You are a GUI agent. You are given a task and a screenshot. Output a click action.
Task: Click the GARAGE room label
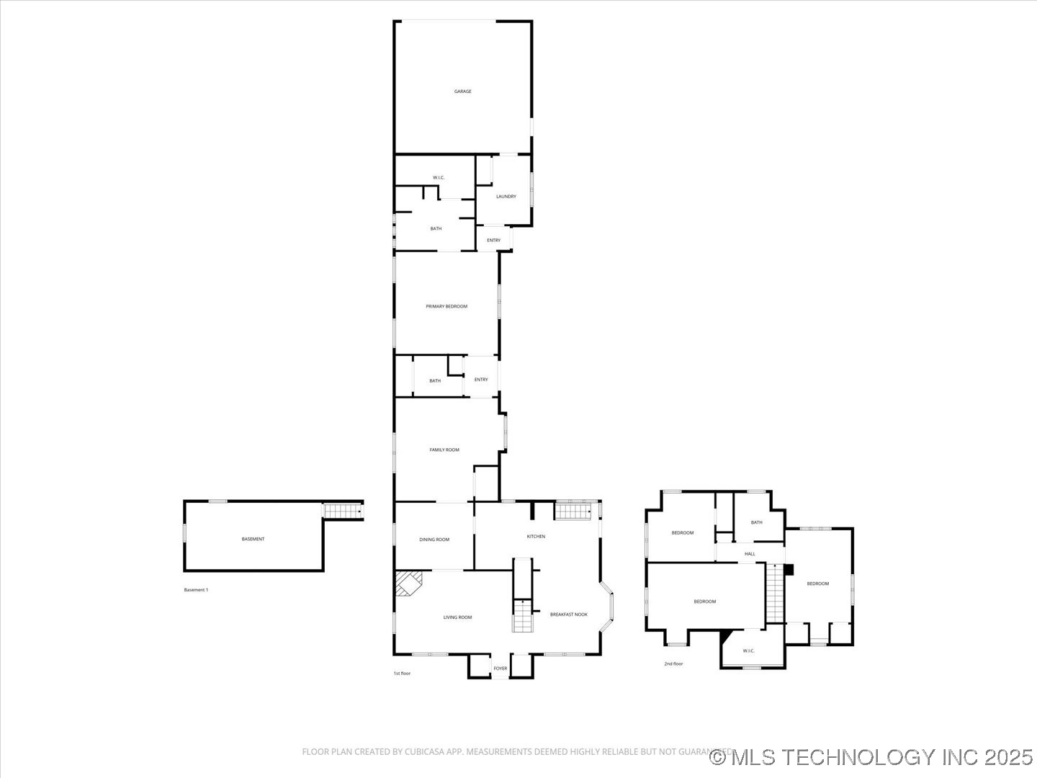(462, 91)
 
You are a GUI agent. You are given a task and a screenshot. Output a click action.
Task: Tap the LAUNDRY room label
(506, 196)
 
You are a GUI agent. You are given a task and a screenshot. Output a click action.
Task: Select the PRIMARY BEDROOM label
(446, 306)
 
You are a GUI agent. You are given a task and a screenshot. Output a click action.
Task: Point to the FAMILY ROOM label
(444, 450)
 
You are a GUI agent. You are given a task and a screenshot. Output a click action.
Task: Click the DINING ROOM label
(434, 540)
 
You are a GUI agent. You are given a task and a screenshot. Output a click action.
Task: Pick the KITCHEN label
(536, 536)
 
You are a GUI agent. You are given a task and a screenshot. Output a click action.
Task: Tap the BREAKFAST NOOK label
(568, 614)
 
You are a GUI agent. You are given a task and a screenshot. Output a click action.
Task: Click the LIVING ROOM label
(457, 617)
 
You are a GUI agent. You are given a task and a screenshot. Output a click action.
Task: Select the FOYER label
(500, 669)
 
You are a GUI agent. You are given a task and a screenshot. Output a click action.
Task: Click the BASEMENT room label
(253, 539)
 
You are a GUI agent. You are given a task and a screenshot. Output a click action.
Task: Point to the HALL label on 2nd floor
(750, 554)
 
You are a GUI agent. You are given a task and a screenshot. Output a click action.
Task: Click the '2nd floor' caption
(673, 664)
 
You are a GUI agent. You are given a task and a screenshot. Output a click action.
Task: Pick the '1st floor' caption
(402, 674)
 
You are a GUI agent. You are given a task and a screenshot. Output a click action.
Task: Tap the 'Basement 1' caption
(196, 590)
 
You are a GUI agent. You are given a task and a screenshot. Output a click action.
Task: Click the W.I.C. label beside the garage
(439, 177)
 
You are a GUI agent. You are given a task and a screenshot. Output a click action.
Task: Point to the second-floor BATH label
(756, 522)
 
